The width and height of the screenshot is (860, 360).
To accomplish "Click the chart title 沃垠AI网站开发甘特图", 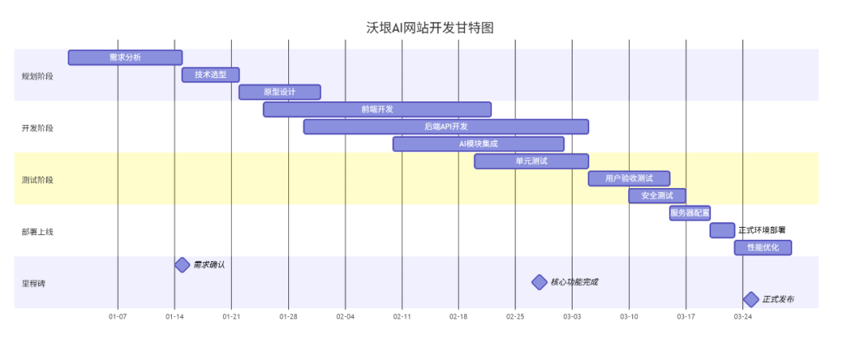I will coord(430,28).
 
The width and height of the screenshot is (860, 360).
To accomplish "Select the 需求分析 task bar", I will coord(125,57).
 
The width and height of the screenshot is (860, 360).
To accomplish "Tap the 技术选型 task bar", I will coord(210,75).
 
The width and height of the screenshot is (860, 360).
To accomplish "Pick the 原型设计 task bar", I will coord(279,92).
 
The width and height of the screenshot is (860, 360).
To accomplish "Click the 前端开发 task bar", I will coord(377,110).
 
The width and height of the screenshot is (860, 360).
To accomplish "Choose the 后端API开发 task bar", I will coord(446,127).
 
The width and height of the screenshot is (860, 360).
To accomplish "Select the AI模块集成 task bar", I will coord(479,144).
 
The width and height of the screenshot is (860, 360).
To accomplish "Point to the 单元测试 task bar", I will coord(531,162).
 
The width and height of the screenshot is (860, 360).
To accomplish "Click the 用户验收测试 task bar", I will coord(629,178).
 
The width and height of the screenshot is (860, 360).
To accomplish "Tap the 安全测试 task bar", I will coord(657,196).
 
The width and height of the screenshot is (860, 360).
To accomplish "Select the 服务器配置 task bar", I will coord(690,213).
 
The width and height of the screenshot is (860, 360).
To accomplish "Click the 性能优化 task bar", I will coord(763,248).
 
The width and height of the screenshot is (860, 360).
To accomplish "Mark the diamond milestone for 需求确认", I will coord(182,265).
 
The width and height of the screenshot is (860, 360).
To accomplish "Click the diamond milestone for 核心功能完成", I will coord(539,282).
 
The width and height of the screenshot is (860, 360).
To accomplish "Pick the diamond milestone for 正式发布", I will coord(751,299).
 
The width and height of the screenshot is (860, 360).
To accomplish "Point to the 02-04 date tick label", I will coord(345,317).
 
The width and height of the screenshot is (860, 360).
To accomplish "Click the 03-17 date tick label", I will coord(686,317).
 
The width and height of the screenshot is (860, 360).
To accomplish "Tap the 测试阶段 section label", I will coord(37,180).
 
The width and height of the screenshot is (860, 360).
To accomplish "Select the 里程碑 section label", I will coord(33,284).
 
